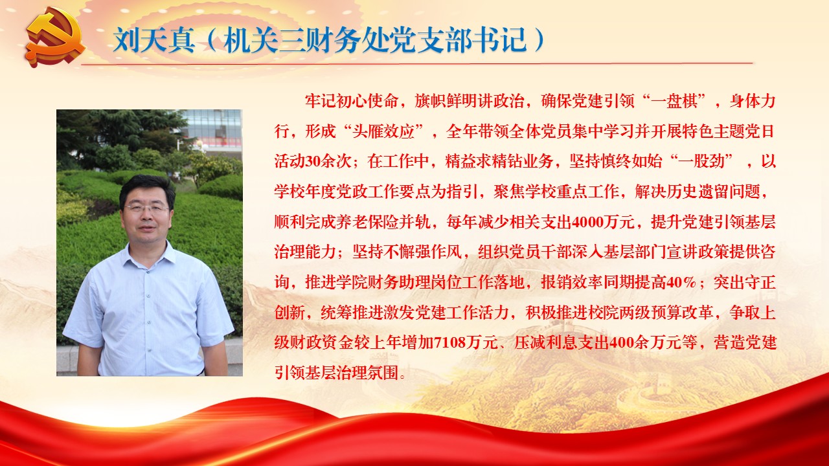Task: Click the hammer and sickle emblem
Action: click(x=56, y=38)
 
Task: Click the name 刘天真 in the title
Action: click(x=154, y=40)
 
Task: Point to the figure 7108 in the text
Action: click(x=449, y=343)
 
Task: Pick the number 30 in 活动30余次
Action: click(x=313, y=162)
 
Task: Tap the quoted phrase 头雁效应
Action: click(x=383, y=131)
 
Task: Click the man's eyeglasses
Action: click(x=146, y=208)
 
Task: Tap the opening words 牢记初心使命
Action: click(x=352, y=101)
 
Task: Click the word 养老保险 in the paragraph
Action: click(x=367, y=222)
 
